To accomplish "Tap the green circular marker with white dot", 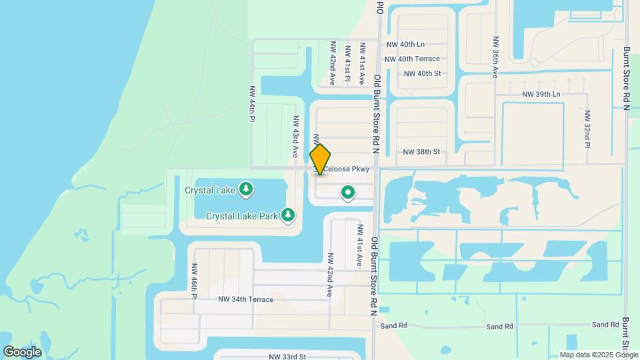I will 347,193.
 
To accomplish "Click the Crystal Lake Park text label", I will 241,216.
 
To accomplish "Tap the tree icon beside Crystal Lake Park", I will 288,215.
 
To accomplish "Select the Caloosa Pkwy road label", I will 346,169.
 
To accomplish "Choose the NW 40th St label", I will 422,73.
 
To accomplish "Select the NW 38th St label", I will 421,152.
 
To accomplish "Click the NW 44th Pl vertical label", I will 252,103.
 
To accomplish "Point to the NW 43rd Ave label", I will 295,136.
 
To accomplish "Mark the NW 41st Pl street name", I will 347,63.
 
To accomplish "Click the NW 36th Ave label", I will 495,57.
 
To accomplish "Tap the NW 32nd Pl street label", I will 587,129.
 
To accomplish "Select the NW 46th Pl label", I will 195,281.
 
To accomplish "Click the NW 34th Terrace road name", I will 245,299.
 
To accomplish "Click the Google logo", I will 22,352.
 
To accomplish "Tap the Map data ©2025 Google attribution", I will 598,355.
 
